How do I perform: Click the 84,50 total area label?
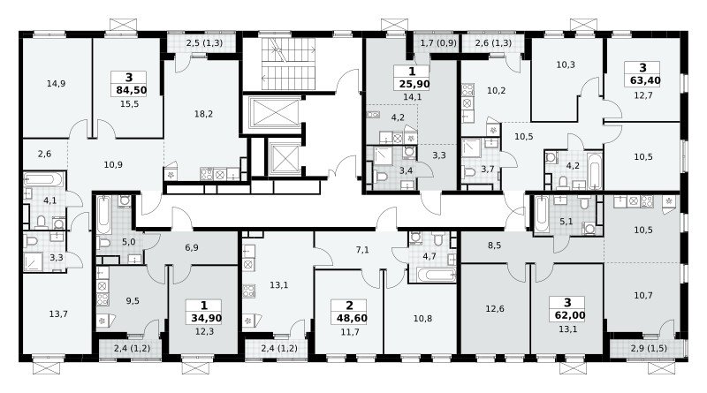click(131, 90)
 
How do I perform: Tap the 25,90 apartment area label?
click(414, 84)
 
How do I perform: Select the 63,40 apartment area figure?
click(643, 80)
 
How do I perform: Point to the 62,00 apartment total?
click(567, 315)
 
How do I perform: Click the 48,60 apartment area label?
click(352, 318)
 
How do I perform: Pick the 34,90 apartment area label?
click(206, 318)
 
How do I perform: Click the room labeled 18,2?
click(203, 114)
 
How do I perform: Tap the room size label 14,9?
click(56, 83)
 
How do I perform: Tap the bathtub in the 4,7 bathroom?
click(437, 274)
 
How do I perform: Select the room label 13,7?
click(58, 314)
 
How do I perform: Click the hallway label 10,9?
click(113, 164)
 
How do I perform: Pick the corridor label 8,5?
click(495, 246)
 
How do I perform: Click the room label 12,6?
click(495, 309)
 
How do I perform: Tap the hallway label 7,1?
click(362, 249)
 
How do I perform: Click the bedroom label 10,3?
click(565, 64)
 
